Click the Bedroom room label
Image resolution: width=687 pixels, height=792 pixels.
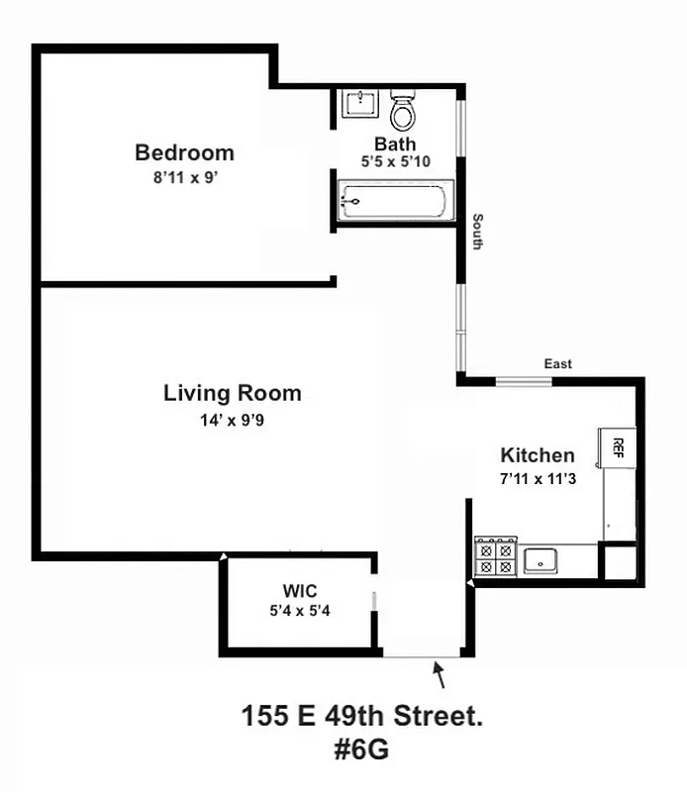[x=185, y=152]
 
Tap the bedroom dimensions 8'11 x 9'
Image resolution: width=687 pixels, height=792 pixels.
[x=185, y=179]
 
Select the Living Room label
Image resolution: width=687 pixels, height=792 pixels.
[x=233, y=393]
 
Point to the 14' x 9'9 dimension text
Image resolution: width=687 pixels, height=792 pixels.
[x=233, y=420]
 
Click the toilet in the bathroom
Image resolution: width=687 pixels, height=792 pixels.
[x=402, y=112]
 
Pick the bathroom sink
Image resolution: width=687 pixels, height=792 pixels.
[x=358, y=103]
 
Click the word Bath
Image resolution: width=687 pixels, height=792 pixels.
[x=395, y=144]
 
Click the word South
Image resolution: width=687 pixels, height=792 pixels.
[x=477, y=231]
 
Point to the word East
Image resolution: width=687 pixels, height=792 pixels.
[x=558, y=364]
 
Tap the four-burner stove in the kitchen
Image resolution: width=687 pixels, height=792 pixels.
[x=496, y=555]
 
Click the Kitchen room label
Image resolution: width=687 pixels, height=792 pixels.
[x=538, y=455]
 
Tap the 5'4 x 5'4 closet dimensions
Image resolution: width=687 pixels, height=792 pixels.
[x=298, y=611]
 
